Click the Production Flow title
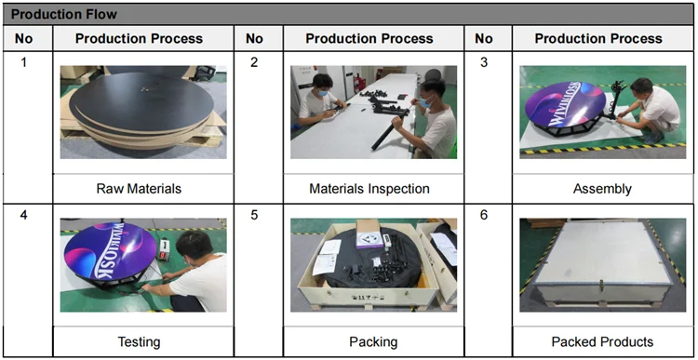click(63, 14)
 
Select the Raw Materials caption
click(139, 189)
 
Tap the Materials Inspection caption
click(369, 189)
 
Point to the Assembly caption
click(602, 189)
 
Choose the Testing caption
click(139, 341)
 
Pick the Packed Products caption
click(602, 341)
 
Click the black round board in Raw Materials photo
click(141, 101)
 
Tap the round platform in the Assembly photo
click(565, 108)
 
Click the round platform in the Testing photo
click(113, 253)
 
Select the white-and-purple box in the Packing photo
click(369, 234)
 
